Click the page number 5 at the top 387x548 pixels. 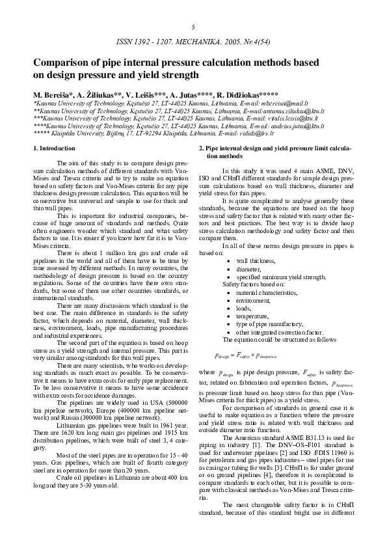pyautogui.click(x=193, y=27)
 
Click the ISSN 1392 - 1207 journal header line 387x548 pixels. pyautogui.click(x=193, y=41)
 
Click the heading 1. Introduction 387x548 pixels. pyautogui.click(x=53, y=149)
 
